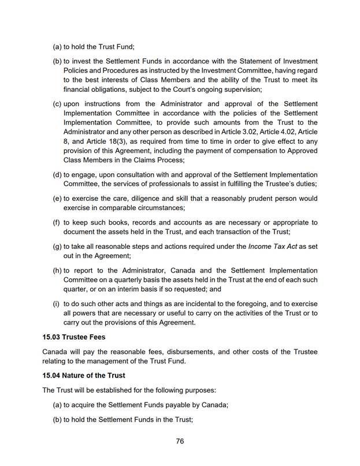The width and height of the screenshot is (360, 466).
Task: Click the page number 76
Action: tap(180, 442)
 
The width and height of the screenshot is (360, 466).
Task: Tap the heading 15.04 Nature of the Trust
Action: tap(84, 375)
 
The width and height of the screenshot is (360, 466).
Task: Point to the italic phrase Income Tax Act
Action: tap(273, 247)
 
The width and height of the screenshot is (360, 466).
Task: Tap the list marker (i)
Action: tap(57, 304)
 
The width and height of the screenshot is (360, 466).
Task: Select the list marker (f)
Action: tap(57, 222)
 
